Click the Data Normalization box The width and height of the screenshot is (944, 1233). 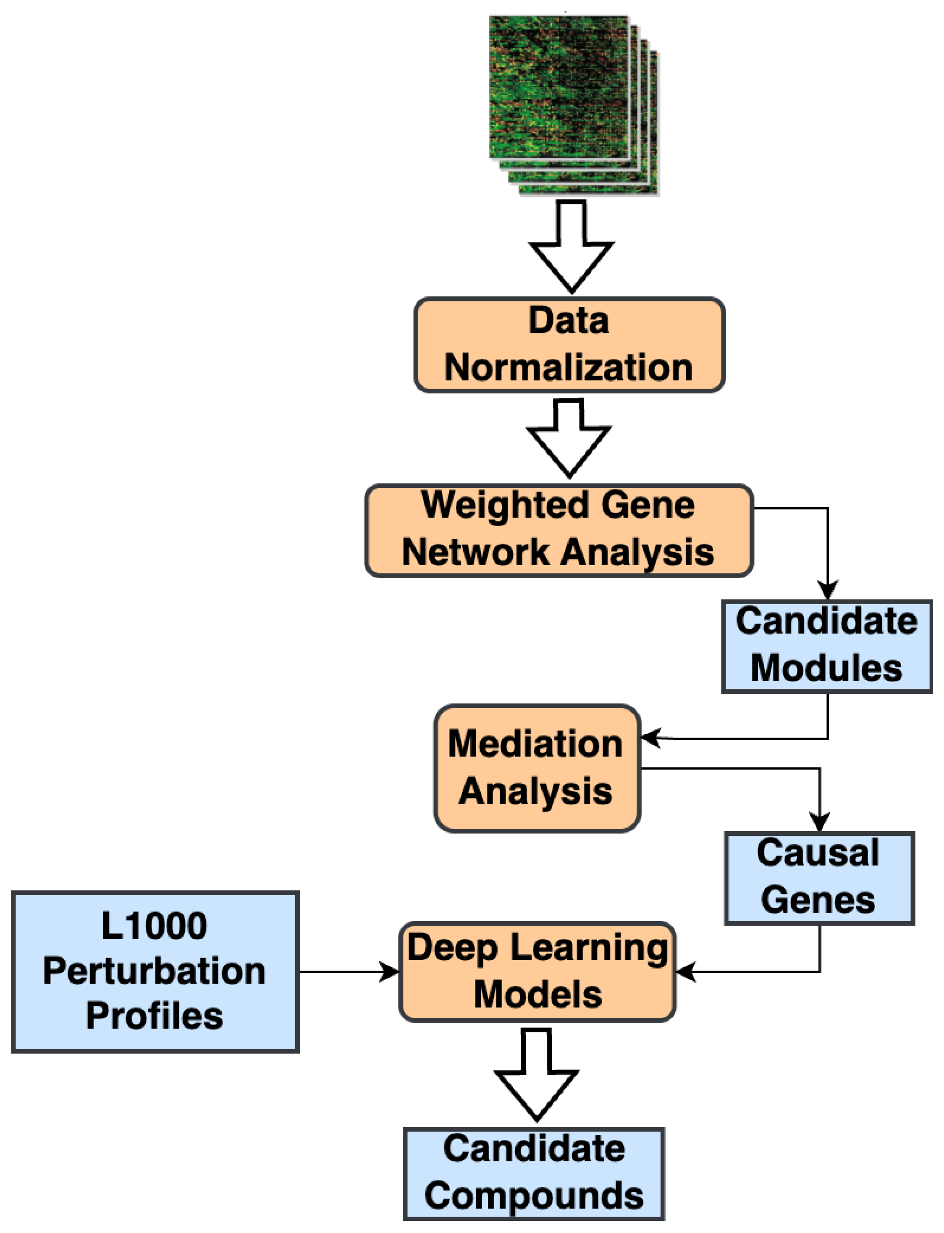569,345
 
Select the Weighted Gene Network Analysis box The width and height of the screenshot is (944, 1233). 559,530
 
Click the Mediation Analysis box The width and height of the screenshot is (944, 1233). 537,768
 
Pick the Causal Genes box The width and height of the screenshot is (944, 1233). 819,878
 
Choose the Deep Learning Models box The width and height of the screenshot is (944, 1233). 537,972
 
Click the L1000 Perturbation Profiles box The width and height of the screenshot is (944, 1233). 155,972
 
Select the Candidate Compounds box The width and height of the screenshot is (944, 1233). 534,1174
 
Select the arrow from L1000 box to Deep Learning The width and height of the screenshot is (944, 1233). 349,972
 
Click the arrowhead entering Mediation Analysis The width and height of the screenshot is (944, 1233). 651,738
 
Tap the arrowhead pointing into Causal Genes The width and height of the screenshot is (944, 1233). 819,822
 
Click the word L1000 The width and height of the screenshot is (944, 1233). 154,926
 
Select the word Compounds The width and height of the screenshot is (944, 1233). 534,1196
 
